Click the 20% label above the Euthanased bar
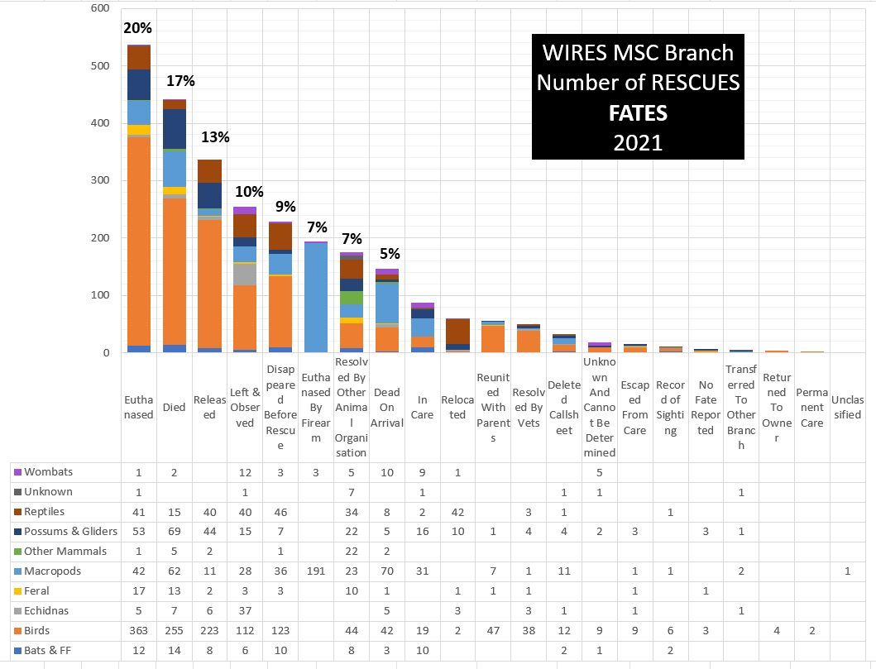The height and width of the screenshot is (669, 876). (x=137, y=28)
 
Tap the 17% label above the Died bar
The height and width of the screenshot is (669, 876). (x=180, y=81)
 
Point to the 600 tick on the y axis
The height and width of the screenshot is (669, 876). (x=99, y=8)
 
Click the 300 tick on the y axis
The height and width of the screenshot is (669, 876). (x=99, y=180)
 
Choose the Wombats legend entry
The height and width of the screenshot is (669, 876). (x=49, y=472)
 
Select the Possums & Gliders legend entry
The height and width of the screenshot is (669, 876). (x=70, y=532)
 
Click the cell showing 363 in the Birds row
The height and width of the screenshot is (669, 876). (x=138, y=631)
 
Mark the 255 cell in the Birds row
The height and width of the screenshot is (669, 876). (x=174, y=631)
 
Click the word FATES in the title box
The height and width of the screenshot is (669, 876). (x=638, y=112)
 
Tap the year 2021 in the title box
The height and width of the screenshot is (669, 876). (x=638, y=142)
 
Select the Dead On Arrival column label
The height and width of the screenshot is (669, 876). (x=386, y=407)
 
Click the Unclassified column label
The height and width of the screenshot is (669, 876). (x=847, y=407)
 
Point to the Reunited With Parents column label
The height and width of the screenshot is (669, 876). (x=493, y=407)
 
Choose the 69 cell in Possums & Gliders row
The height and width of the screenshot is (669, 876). (x=174, y=532)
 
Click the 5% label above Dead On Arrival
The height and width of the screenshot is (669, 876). (x=388, y=253)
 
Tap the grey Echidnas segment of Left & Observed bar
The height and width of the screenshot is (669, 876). (x=245, y=274)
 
